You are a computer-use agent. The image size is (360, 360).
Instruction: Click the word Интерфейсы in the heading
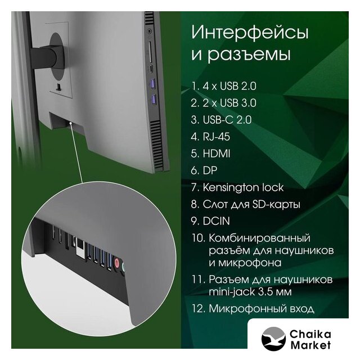[x=250, y=33]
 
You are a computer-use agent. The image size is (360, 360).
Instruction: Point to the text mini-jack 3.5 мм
[x=250, y=292]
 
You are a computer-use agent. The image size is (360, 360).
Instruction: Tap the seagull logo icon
[x=273, y=339]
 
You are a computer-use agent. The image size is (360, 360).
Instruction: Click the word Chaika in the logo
[x=310, y=334]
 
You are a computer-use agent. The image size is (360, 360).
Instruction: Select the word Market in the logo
[x=310, y=345]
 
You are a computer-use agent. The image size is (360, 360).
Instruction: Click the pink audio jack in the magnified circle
[x=116, y=263]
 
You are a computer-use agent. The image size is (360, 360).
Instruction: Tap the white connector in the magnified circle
[x=80, y=248]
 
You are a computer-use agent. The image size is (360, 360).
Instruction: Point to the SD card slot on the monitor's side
[x=150, y=52]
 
